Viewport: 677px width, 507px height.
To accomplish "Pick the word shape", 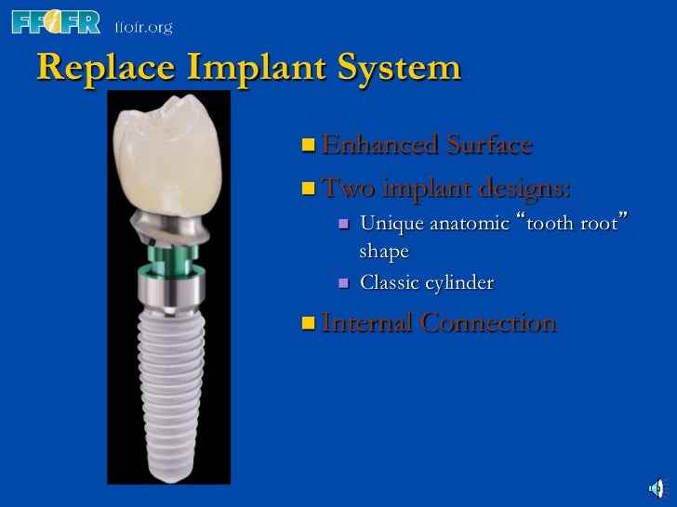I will [384, 252].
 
